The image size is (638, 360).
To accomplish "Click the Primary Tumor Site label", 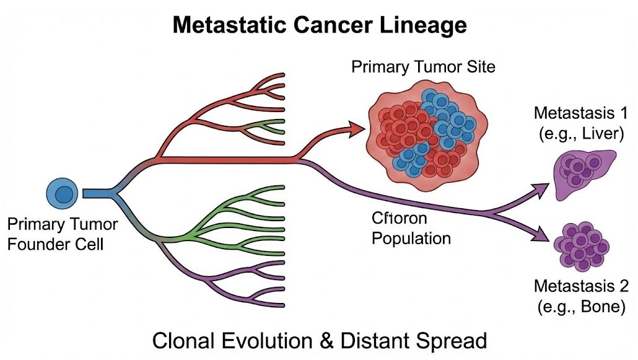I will click(423, 66).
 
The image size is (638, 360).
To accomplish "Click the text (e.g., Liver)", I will click(580, 133).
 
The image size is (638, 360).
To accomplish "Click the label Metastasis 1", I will click(580, 114).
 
